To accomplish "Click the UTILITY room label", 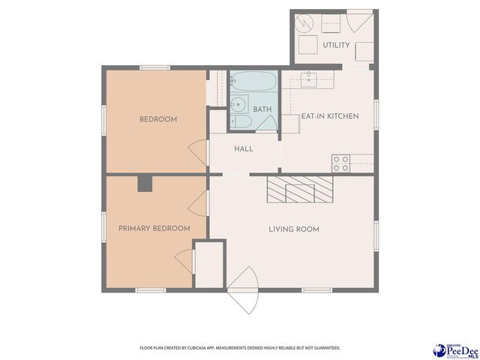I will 336,45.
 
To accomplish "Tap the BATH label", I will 262,109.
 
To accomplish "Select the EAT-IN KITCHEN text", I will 330,116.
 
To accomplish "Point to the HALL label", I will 243,148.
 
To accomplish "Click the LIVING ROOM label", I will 294,229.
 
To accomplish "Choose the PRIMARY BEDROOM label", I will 154,228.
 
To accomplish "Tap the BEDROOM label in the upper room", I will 158,119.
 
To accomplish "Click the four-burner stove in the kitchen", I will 340,163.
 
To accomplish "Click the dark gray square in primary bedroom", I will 145,183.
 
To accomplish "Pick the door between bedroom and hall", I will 198,152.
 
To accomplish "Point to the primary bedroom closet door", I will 186,262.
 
